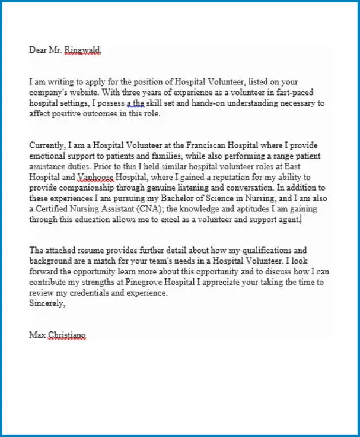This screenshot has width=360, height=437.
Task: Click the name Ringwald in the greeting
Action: tap(83, 50)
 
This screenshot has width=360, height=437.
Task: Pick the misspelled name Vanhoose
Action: tap(97, 177)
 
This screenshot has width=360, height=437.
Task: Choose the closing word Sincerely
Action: tap(47, 303)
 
